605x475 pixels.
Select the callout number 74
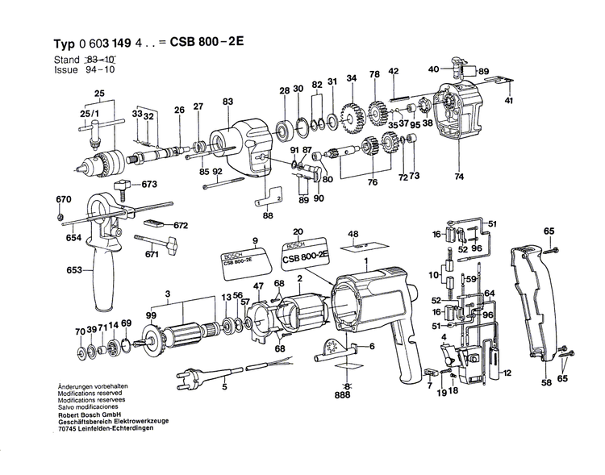point(459,177)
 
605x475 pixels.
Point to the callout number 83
point(227,101)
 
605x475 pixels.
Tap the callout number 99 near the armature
point(150,315)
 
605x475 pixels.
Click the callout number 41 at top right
point(509,100)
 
